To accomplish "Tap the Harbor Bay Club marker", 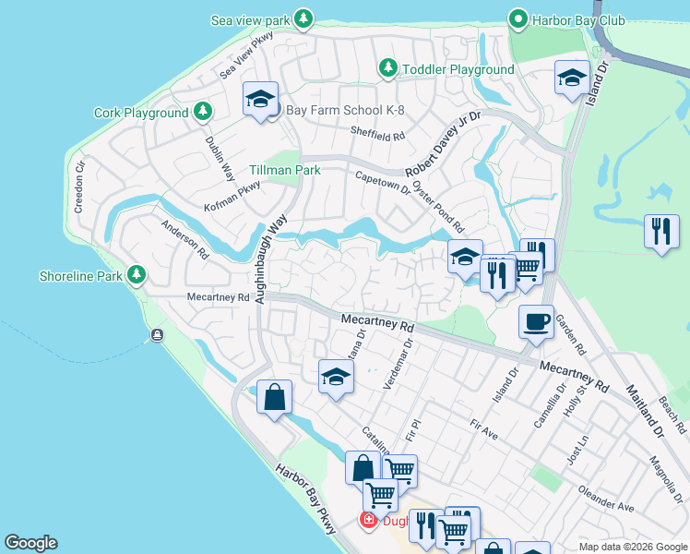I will [x=519, y=19].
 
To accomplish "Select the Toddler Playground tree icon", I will [x=388, y=69].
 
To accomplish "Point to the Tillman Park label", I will [x=284, y=171].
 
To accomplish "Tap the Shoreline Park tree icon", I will [x=137, y=275].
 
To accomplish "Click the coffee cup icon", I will [x=536, y=323].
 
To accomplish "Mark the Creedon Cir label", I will [x=80, y=187].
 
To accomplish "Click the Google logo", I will [x=30, y=543].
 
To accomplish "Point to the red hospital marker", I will [x=368, y=521].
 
